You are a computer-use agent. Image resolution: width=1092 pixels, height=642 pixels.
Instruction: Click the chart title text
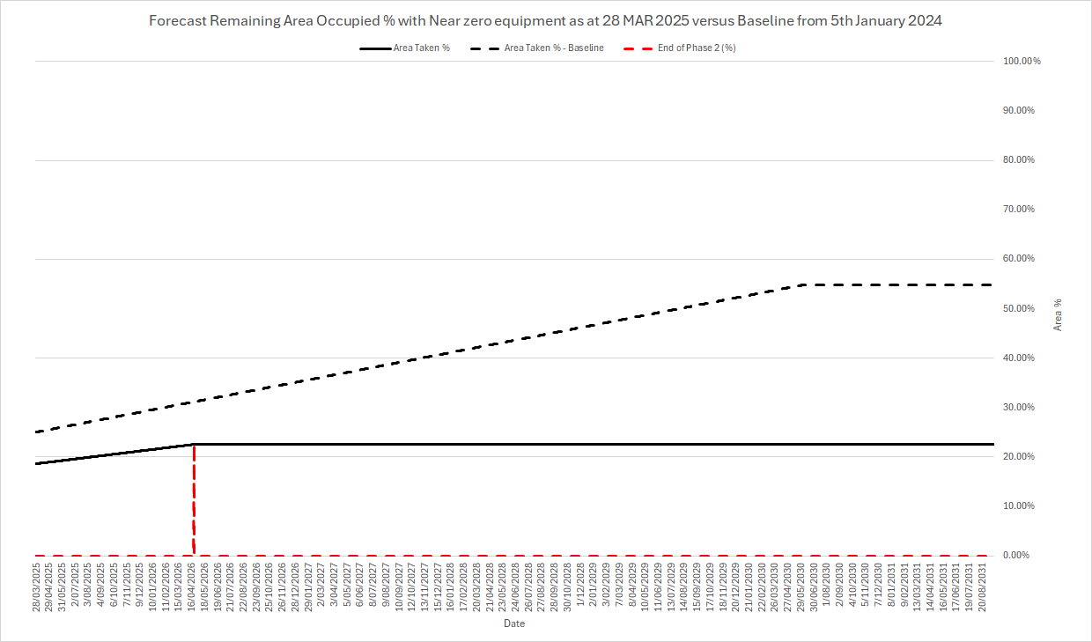coord(545,21)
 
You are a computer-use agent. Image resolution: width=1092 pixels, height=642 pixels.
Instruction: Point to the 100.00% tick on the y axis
coord(1022,61)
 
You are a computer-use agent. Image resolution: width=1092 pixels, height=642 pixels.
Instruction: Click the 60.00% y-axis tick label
coord(1022,259)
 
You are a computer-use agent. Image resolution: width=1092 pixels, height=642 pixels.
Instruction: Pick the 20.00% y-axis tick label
coord(1022,457)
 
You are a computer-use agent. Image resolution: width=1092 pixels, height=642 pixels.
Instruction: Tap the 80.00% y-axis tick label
coord(1022,160)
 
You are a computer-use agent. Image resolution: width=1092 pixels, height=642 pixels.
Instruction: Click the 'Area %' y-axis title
coord(1058,314)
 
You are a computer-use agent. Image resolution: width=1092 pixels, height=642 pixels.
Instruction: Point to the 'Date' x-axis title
coord(514,624)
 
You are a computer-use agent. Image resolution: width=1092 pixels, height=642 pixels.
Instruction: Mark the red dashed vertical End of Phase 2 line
coord(193,502)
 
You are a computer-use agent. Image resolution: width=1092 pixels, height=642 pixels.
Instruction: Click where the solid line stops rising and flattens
coord(193,444)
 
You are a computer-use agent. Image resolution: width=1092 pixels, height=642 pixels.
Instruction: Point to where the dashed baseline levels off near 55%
coord(804,284)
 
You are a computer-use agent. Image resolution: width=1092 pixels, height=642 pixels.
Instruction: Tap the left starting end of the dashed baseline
coord(36,432)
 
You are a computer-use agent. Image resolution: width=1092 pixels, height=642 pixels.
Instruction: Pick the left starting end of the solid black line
coord(36,463)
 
